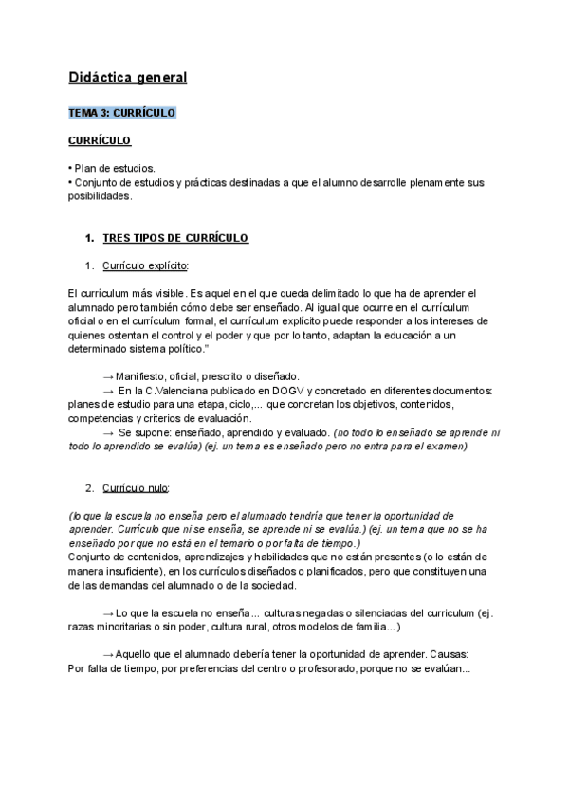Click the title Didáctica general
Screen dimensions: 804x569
(x=128, y=77)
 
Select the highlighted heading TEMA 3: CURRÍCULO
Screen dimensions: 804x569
(x=122, y=113)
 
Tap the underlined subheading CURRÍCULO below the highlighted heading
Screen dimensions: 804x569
(x=100, y=141)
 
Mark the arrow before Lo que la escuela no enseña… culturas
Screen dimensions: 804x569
(x=108, y=613)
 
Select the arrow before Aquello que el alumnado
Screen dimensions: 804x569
(x=108, y=654)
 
